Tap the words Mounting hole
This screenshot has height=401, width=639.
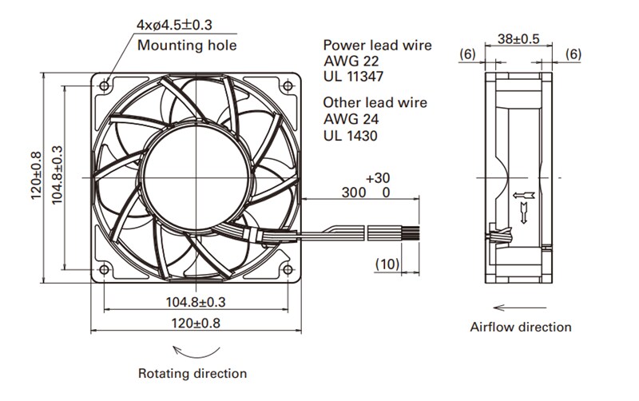(x=187, y=46)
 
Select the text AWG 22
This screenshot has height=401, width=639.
(x=351, y=61)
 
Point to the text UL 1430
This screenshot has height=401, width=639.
(x=351, y=136)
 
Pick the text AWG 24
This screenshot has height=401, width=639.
(x=351, y=119)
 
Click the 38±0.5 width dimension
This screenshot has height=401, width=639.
(x=520, y=38)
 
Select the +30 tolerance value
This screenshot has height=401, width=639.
(x=379, y=177)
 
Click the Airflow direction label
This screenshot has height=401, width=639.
(x=520, y=327)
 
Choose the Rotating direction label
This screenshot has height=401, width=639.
(x=192, y=373)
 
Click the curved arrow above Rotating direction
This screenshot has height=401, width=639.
(x=196, y=351)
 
